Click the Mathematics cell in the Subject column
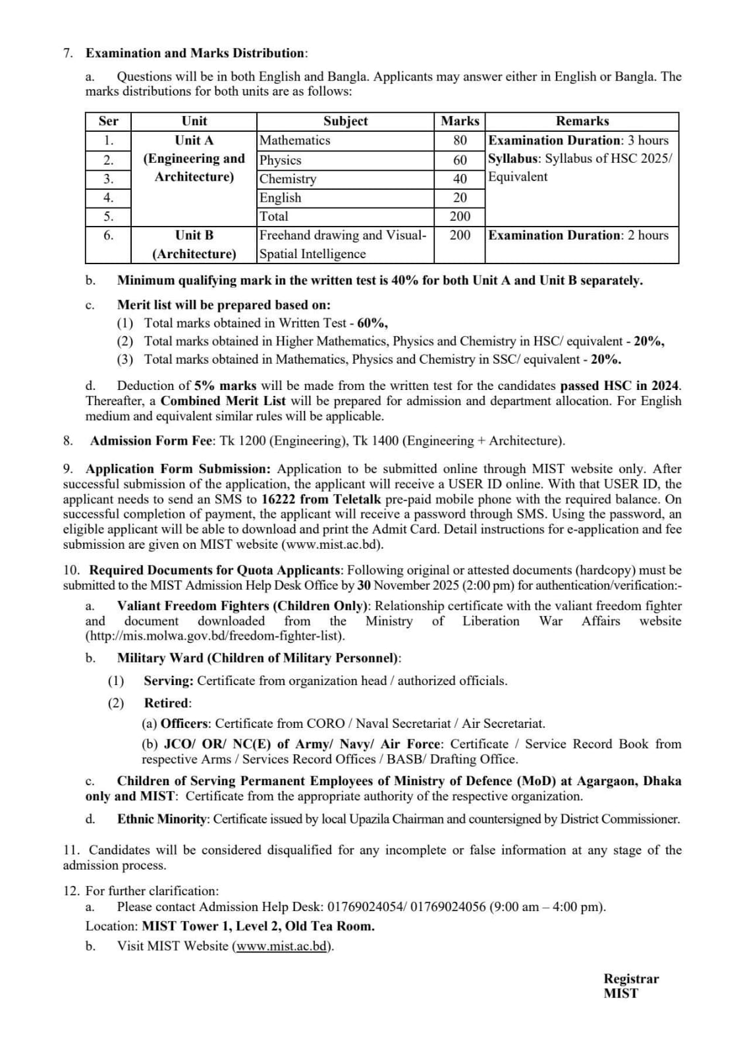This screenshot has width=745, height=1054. (x=295, y=140)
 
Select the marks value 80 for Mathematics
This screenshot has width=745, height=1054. (x=460, y=140)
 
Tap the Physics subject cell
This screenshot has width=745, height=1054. (x=281, y=160)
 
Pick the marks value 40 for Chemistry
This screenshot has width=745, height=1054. (x=460, y=179)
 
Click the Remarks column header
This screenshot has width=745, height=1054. (x=582, y=121)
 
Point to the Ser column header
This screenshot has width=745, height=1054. (x=109, y=121)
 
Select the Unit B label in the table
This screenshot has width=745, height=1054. (x=194, y=235)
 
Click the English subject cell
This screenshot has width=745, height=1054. (x=281, y=198)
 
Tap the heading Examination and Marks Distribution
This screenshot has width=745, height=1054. (x=196, y=53)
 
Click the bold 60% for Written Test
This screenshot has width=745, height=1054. (x=372, y=323)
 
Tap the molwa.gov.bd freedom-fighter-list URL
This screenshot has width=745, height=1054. (x=215, y=636)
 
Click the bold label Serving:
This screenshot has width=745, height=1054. (x=169, y=680)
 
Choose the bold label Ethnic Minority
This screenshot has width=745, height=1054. (x=162, y=819)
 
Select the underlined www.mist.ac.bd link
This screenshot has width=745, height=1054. (x=282, y=946)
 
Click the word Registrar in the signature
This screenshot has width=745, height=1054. (x=631, y=979)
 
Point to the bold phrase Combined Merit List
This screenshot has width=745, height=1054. (x=223, y=401)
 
